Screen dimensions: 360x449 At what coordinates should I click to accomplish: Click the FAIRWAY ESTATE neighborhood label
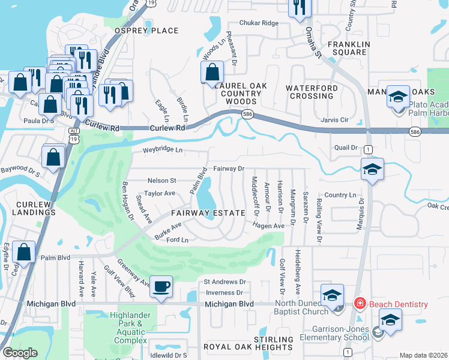click(208, 213)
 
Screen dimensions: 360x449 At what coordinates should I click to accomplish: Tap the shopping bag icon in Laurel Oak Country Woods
click(212, 73)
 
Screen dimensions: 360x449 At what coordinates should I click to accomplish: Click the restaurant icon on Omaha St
click(298, 8)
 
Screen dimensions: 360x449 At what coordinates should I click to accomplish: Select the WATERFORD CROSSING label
click(312, 92)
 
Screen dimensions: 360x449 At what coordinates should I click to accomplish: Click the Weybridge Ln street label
click(162, 149)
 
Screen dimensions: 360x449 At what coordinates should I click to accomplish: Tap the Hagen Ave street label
click(268, 226)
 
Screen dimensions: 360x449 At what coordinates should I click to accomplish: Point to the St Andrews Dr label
click(225, 281)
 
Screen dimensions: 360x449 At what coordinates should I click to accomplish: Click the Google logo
click(20, 352)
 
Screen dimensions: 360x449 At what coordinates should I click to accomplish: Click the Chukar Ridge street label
click(259, 23)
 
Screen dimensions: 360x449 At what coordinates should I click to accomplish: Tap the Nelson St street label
click(161, 180)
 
